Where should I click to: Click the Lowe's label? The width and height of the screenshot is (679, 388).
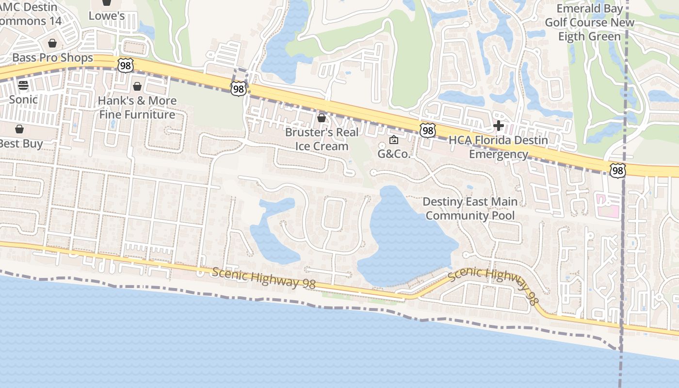click(107, 16)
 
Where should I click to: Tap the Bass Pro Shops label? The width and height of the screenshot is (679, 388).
click(52, 58)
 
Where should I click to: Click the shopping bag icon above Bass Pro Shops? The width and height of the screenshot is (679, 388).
click(52, 43)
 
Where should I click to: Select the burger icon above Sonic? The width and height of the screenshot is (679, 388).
click(23, 85)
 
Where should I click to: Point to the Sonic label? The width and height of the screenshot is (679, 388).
click(23, 99)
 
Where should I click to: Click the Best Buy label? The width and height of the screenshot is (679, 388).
click(20, 144)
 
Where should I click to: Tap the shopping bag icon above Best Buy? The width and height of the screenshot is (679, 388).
click(19, 129)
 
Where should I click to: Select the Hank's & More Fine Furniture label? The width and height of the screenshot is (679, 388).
click(137, 108)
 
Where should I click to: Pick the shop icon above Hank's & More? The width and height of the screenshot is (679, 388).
click(137, 86)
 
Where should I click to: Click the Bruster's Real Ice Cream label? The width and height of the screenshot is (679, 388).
click(322, 139)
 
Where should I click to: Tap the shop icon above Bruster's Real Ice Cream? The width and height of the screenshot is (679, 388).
click(321, 118)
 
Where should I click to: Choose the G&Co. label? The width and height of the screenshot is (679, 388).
click(394, 154)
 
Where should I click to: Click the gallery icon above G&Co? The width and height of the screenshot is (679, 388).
click(394, 140)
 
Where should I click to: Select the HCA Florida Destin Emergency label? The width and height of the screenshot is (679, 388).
click(498, 147)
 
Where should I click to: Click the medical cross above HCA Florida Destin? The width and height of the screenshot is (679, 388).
click(498, 126)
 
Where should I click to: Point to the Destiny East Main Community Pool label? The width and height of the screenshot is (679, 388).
click(470, 209)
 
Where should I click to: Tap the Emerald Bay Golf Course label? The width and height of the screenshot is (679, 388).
click(589, 22)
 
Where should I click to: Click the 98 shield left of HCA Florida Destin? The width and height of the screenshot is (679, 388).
click(427, 130)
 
